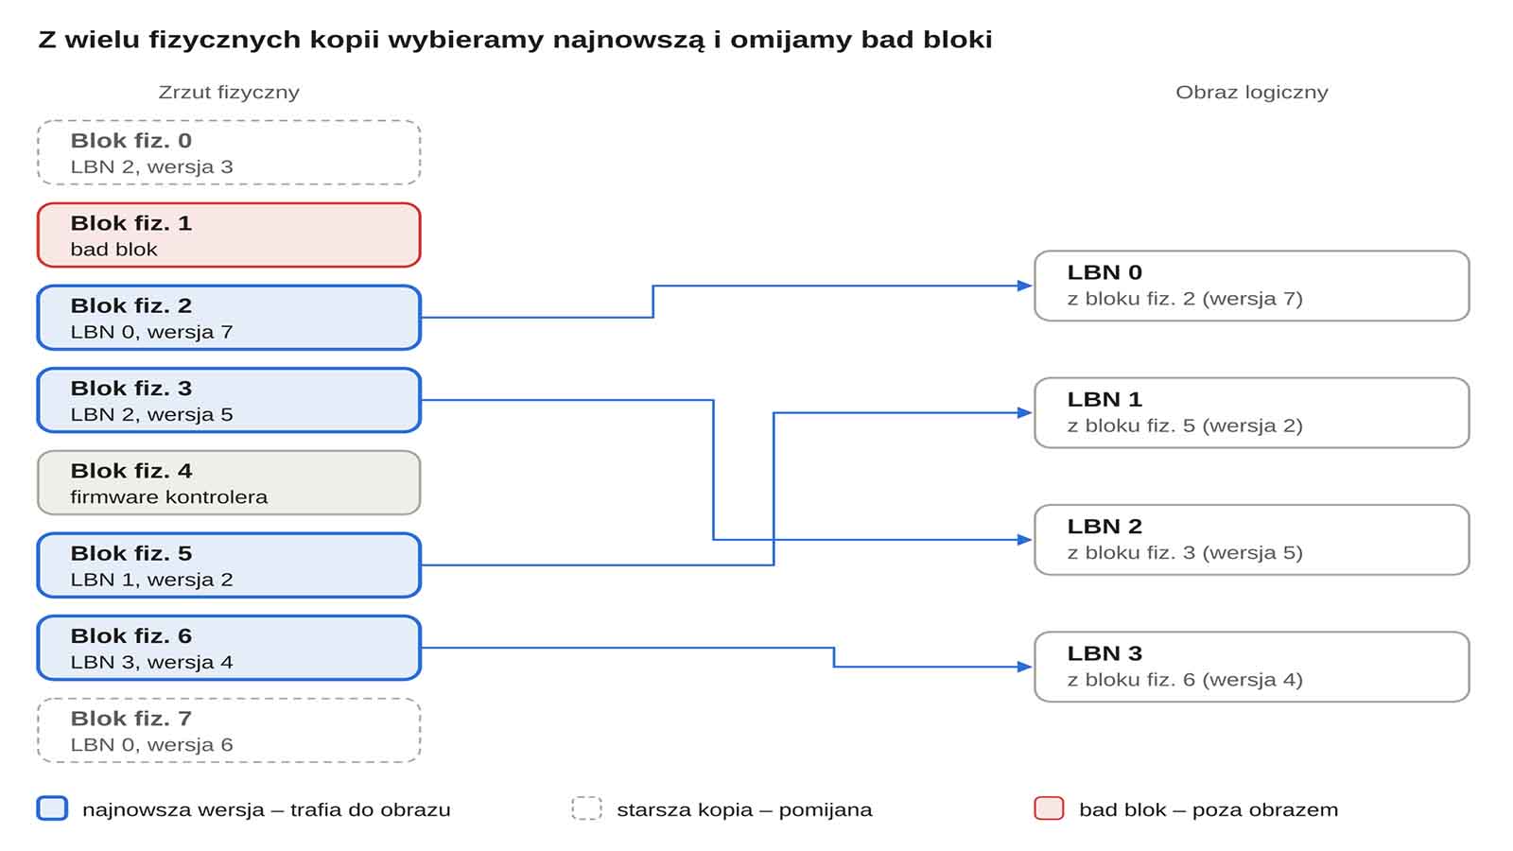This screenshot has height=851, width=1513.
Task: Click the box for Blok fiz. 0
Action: tap(229, 152)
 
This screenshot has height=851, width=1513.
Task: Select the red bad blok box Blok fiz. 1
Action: tap(229, 235)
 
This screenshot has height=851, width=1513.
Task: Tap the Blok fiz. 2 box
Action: tap(229, 318)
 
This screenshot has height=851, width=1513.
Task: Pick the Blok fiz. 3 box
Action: tap(229, 400)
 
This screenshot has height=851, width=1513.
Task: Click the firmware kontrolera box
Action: tap(229, 483)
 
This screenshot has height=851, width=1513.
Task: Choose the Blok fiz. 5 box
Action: tap(229, 565)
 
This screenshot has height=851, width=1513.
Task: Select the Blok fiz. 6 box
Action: tap(229, 648)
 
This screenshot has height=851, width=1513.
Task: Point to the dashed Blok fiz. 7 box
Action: tap(229, 730)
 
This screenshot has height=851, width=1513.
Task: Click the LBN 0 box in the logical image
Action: tap(1252, 286)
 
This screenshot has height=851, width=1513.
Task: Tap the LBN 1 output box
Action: tap(1252, 412)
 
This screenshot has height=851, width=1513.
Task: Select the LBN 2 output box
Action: tap(1252, 540)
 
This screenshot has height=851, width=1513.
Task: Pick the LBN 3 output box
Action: tap(1252, 667)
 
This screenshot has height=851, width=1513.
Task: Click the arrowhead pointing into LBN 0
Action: tap(1025, 286)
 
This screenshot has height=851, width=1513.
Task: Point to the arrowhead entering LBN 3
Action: tap(1025, 667)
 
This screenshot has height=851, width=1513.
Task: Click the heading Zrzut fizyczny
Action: tap(229, 93)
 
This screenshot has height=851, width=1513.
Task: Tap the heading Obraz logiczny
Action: tap(1252, 93)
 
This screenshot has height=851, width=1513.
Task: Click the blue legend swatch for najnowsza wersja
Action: tap(52, 808)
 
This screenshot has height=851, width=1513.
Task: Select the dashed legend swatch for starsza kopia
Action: tap(586, 808)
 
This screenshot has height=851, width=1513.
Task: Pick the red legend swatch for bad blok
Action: tap(1049, 808)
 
